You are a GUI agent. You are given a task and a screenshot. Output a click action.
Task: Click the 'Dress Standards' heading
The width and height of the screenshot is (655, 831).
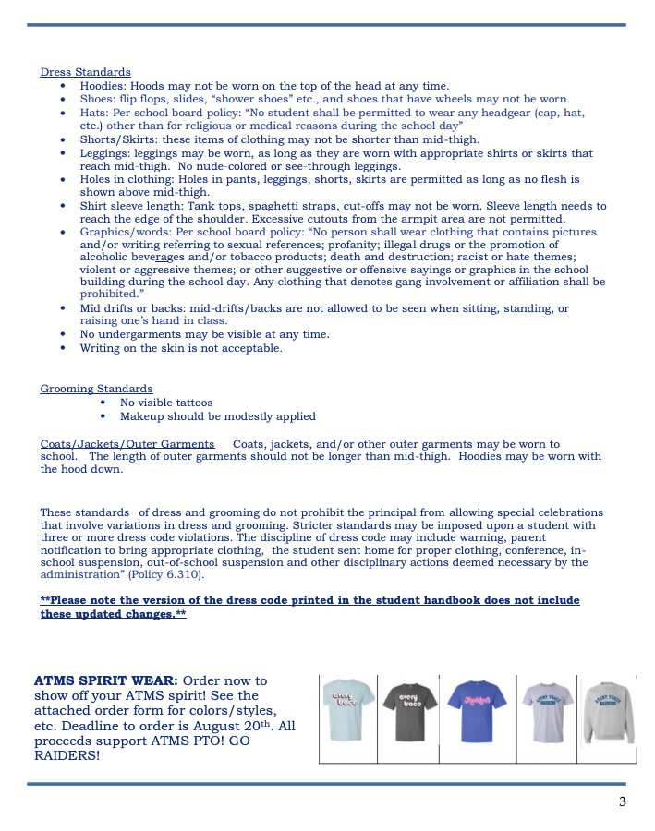point(85,72)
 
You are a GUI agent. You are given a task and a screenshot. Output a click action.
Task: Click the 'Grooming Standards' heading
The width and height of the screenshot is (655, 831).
point(96,389)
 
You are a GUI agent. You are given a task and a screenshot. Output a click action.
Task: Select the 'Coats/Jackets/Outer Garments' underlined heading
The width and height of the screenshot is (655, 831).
point(127,444)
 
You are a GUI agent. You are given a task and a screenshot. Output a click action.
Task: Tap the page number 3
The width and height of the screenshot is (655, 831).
point(623,801)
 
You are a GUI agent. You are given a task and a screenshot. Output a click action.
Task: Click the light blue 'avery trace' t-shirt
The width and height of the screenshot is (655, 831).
point(348,712)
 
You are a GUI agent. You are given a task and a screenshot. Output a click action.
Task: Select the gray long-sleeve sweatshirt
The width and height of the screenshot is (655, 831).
point(608,712)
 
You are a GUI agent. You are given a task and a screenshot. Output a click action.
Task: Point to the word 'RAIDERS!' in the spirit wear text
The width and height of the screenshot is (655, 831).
point(67,755)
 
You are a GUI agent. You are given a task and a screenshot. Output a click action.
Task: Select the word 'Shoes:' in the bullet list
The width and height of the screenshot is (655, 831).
point(98,99)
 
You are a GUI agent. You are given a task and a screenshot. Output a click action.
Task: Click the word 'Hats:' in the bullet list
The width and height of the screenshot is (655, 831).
point(94,113)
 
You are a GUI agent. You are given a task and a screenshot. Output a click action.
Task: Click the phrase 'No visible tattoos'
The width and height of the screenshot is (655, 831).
point(166,403)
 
